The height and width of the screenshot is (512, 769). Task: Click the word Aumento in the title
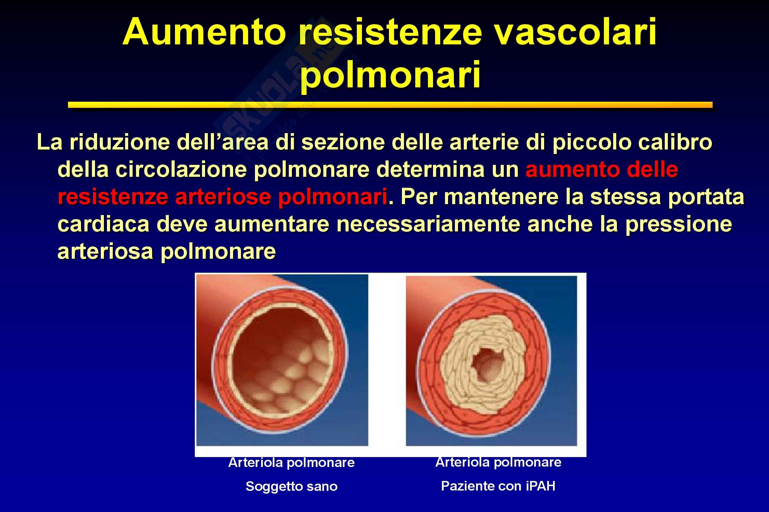tap(204, 33)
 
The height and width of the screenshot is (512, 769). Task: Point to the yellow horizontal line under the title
tap(390, 105)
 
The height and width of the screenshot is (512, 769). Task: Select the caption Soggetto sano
tap(292, 486)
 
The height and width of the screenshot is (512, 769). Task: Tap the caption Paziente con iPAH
tap(498, 486)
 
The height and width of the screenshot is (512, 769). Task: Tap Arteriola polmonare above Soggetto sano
tap(292, 463)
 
